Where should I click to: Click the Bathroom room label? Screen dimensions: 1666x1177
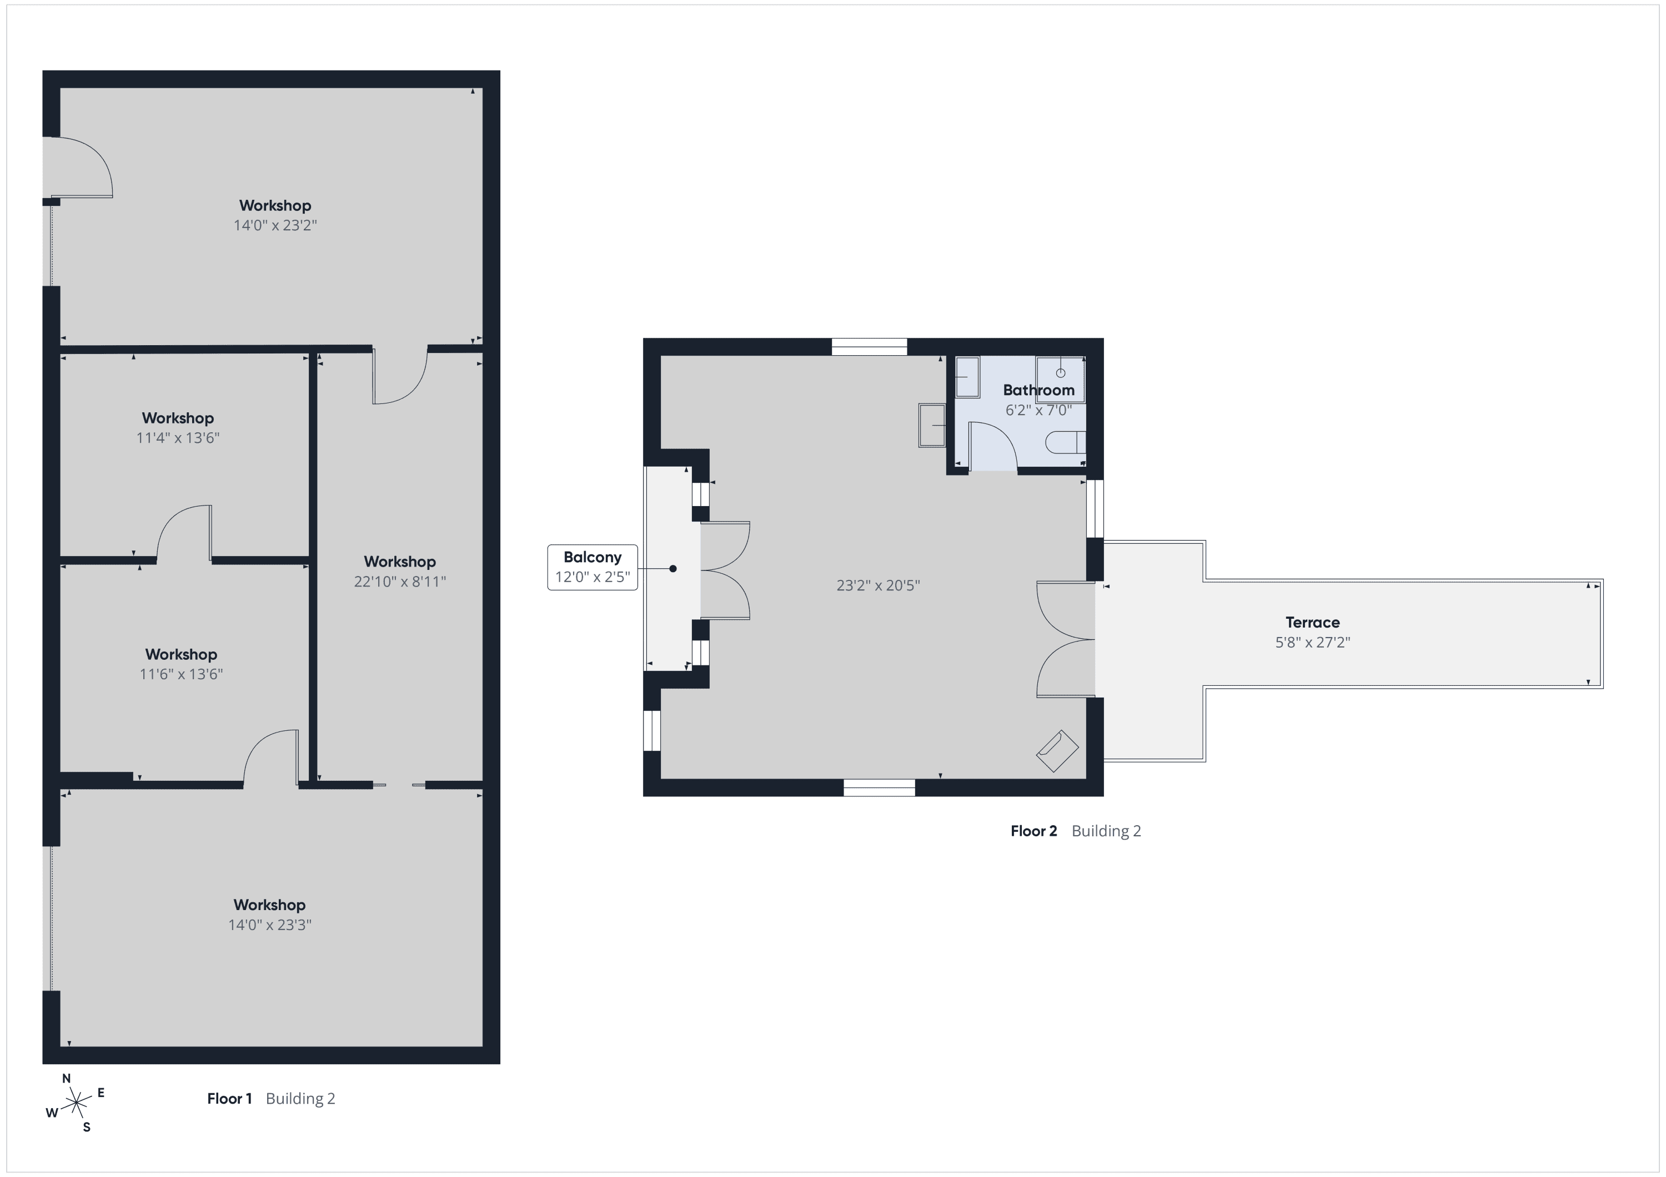(x=1038, y=390)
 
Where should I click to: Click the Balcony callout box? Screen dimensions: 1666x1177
(x=592, y=567)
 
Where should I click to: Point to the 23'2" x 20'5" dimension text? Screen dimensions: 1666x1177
(x=878, y=585)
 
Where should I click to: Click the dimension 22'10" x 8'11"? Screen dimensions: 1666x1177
(x=400, y=582)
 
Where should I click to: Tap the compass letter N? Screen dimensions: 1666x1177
(x=67, y=1078)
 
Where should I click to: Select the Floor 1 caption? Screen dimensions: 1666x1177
(x=229, y=1098)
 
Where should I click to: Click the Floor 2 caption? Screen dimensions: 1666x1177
(x=1034, y=831)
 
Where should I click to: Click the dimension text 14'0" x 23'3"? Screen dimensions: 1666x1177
(x=270, y=925)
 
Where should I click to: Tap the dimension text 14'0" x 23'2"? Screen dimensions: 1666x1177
(x=275, y=225)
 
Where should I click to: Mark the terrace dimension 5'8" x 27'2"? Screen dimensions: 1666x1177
(x=1313, y=643)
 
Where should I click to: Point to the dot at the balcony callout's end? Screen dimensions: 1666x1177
(x=673, y=569)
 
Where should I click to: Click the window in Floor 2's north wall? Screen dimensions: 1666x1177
(x=869, y=347)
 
